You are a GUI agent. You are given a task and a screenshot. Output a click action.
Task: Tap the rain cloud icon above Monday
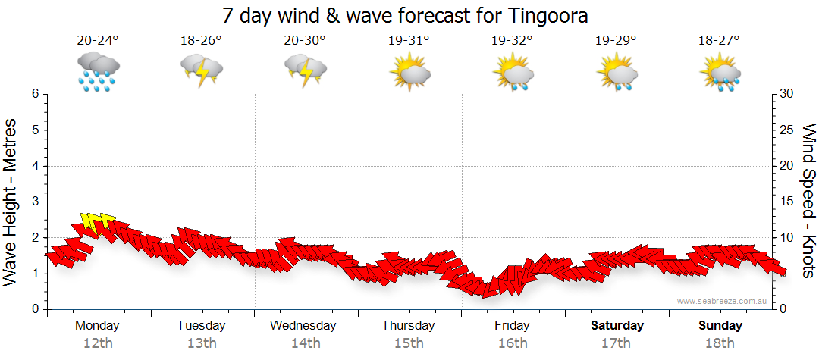tap(98, 71)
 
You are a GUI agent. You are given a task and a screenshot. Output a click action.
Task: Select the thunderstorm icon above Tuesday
tap(202, 71)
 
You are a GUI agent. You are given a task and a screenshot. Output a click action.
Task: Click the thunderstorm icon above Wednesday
tap(306, 71)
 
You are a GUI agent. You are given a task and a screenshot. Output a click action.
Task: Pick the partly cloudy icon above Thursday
tap(409, 73)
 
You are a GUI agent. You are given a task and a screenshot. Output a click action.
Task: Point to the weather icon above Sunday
tap(720, 73)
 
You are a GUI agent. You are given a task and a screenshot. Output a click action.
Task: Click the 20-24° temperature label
tap(98, 40)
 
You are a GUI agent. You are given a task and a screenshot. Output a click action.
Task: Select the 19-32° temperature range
tap(513, 40)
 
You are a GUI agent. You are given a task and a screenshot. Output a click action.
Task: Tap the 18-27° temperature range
tap(720, 40)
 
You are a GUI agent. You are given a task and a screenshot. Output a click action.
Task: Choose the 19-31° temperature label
tap(409, 40)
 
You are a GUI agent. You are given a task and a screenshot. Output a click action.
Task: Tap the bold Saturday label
tap(617, 326)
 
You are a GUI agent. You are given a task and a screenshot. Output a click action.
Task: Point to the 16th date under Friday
tap(513, 343)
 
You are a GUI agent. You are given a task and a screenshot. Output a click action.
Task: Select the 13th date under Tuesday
tap(202, 343)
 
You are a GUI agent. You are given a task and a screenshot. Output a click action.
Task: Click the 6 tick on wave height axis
tap(34, 94)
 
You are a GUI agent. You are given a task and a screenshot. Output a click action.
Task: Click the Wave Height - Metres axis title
tap(11, 202)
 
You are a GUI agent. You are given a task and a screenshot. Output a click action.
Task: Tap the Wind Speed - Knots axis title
tap(808, 202)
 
